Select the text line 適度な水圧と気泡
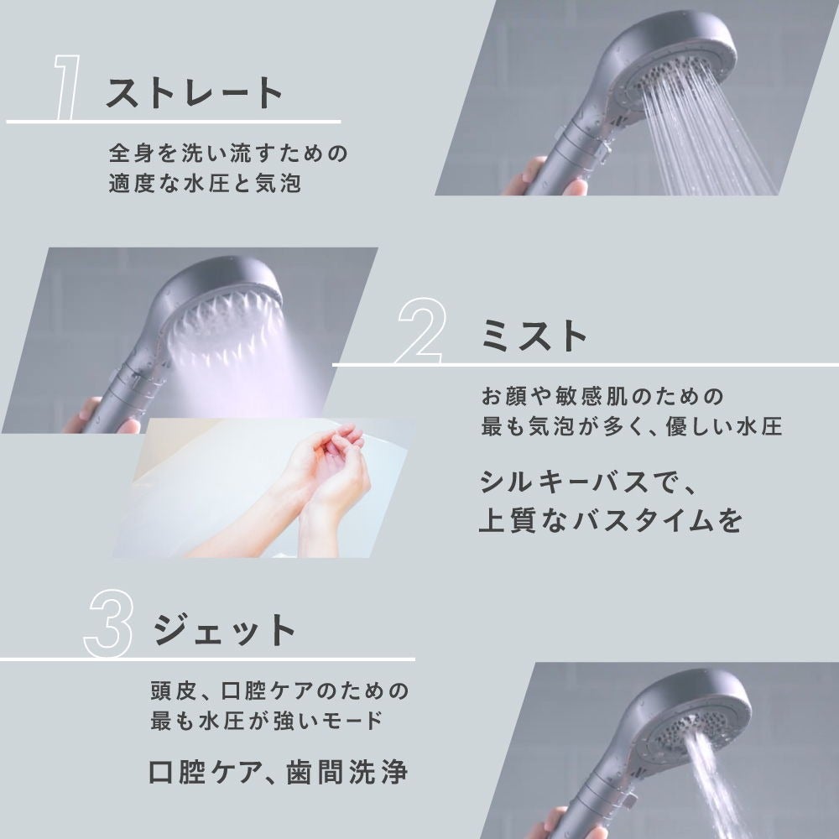pos(204,184)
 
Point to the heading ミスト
pos(534,336)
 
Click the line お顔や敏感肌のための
pos(602,395)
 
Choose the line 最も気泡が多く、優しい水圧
pos(631,426)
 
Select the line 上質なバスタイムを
pos(610,520)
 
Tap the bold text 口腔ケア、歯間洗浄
pos(277,770)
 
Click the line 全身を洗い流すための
pos(227,154)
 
